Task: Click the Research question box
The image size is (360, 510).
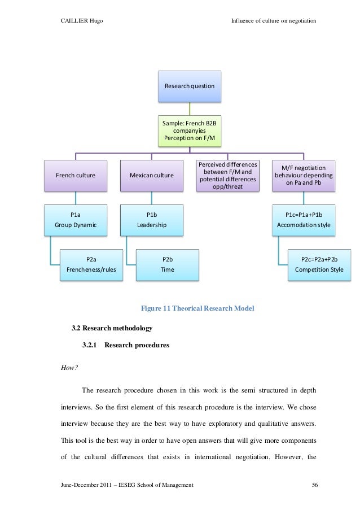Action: [189, 86]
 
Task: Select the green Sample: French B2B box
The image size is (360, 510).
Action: [189, 130]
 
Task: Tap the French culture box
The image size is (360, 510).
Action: [76, 175]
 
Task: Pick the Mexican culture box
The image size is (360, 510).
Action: [151, 175]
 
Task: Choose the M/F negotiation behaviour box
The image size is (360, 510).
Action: [304, 175]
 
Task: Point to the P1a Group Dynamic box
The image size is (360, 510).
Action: [76, 220]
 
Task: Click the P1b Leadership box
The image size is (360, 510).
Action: [151, 220]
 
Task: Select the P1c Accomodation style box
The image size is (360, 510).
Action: [304, 220]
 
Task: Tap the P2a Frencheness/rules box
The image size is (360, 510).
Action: [91, 264]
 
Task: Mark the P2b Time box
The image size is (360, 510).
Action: [167, 264]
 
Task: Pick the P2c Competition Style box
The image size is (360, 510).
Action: [319, 264]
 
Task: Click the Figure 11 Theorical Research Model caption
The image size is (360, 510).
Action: [197, 308]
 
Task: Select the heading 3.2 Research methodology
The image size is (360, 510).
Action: [112, 328]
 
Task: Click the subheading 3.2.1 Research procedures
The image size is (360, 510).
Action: [125, 345]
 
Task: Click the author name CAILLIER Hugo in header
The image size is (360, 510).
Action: [81, 21]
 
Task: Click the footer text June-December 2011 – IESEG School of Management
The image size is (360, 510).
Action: [127, 485]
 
